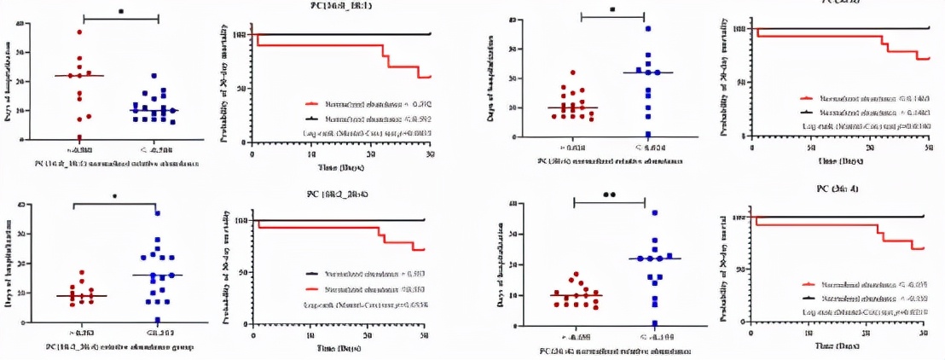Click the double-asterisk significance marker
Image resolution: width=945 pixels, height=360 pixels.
(x=609, y=194)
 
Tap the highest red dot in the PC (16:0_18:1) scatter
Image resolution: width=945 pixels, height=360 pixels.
(x=79, y=32)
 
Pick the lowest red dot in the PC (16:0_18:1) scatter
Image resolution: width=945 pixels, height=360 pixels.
(x=79, y=138)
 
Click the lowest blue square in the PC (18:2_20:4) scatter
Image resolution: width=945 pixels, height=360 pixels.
(x=158, y=320)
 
